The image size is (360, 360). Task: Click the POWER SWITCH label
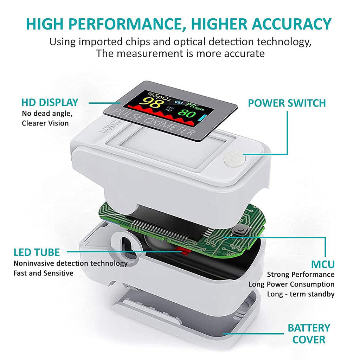tap(287, 103)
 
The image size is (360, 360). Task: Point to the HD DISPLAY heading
tap(50, 103)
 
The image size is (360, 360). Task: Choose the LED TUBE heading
tap(37, 252)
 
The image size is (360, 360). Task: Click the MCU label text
tap(322, 264)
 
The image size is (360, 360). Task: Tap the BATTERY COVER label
tap(308, 334)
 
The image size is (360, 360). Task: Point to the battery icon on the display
tap(179, 103)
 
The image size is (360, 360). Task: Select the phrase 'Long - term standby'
tap(301, 294)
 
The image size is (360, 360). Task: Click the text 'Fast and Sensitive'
tap(43, 273)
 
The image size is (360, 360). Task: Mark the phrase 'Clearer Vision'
tap(45, 123)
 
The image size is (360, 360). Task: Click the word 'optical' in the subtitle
tap(188, 41)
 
